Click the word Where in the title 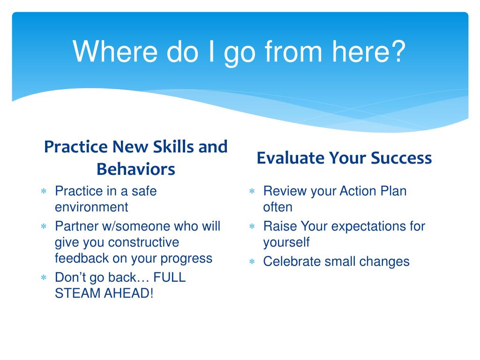point(115,52)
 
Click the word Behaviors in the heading point(136,169)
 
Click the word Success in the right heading point(401,158)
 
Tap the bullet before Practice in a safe point(44,191)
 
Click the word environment point(91,207)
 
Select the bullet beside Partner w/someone point(44,226)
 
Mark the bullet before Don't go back point(44,277)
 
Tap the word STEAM point(78,293)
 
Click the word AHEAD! point(128,293)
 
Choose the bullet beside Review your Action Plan point(252,191)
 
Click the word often point(277,207)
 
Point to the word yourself point(286,242)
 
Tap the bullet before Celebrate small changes point(252,262)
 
